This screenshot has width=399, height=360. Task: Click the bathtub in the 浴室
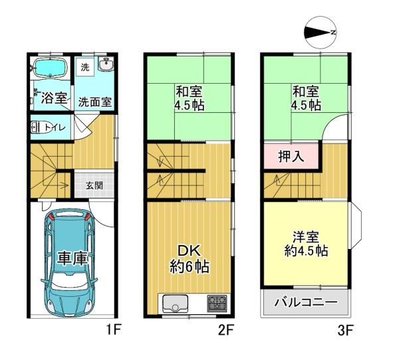point(51,68)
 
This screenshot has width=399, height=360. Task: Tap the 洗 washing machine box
point(84,66)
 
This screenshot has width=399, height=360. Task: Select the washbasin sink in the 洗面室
point(105,64)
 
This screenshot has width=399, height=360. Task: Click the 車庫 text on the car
point(72,258)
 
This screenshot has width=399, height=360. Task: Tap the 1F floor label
point(111,327)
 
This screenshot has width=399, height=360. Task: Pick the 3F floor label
point(344,327)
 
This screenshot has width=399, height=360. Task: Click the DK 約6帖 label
point(188,259)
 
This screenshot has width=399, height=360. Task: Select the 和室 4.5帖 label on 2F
point(190,98)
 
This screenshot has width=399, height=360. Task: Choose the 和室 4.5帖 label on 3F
point(305,98)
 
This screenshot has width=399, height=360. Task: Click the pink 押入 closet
point(291,157)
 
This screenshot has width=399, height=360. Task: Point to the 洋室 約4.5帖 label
point(305,244)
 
